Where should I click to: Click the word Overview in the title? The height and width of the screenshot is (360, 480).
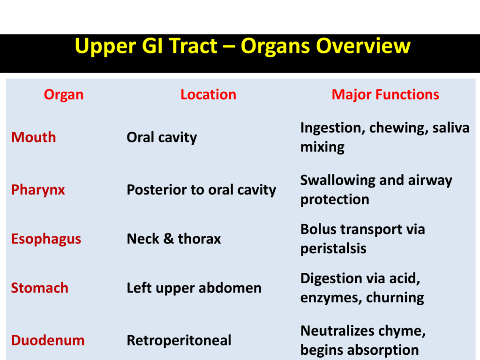[x=363, y=46]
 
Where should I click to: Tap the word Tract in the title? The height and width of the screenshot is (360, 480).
[x=194, y=46]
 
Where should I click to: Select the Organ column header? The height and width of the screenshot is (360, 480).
[x=64, y=95]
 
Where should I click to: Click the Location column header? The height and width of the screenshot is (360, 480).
[x=209, y=94]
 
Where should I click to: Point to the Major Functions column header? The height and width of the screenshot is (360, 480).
[x=385, y=95]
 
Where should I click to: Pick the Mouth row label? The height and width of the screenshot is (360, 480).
[x=34, y=137]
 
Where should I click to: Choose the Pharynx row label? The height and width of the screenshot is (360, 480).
[x=38, y=190]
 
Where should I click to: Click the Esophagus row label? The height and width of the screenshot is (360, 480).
[x=46, y=240]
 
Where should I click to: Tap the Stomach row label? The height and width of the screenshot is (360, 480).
[x=40, y=288]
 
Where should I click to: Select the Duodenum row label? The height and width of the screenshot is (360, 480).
[x=48, y=340]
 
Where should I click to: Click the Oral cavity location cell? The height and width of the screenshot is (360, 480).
[x=162, y=138]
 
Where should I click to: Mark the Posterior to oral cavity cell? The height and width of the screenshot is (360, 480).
[x=202, y=190]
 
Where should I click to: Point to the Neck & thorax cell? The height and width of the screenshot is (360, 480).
[x=174, y=239]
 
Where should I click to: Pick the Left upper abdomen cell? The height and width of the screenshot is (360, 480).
[x=195, y=288]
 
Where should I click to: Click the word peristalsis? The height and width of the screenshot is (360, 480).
[x=333, y=249]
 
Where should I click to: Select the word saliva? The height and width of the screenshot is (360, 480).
[x=451, y=127]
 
